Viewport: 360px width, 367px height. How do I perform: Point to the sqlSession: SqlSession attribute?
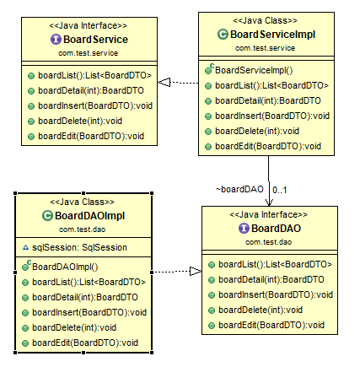pos(78,247)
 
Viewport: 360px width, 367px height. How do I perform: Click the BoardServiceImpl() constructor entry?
pos(254,70)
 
